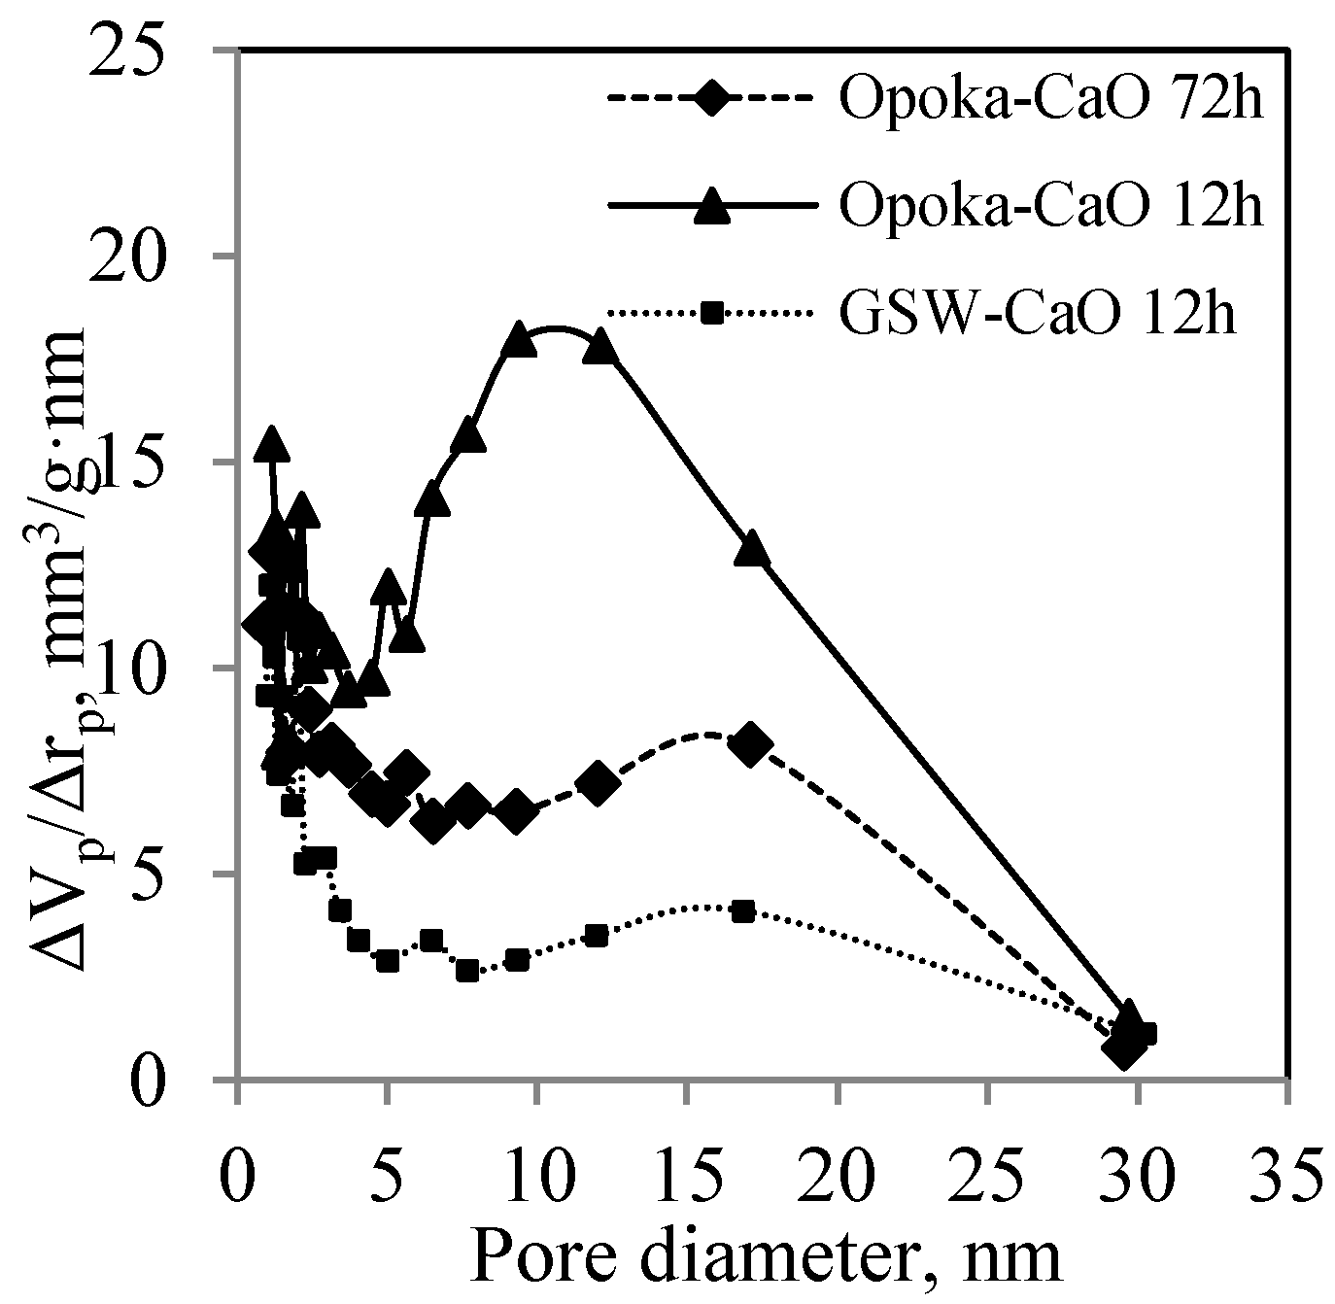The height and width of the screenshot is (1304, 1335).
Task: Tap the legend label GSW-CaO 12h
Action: click(1039, 314)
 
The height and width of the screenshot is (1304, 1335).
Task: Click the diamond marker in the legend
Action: click(713, 99)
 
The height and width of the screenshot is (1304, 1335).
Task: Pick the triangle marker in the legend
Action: click(713, 205)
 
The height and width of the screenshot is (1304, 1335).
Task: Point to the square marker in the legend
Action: click(713, 313)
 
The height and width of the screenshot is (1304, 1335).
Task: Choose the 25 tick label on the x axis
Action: click(987, 1162)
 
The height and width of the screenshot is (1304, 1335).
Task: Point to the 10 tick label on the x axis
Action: click(537, 1162)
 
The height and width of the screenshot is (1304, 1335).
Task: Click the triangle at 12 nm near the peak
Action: click(600, 345)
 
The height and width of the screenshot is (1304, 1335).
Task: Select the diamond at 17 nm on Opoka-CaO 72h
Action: click(750, 746)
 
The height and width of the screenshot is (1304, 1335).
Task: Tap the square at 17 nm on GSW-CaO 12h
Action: click(744, 911)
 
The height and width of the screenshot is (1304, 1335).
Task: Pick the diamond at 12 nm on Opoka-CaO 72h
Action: click(598, 783)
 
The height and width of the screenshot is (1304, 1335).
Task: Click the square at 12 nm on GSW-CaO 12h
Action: click(597, 935)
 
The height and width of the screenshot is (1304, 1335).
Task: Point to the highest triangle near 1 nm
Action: click(271, 443)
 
